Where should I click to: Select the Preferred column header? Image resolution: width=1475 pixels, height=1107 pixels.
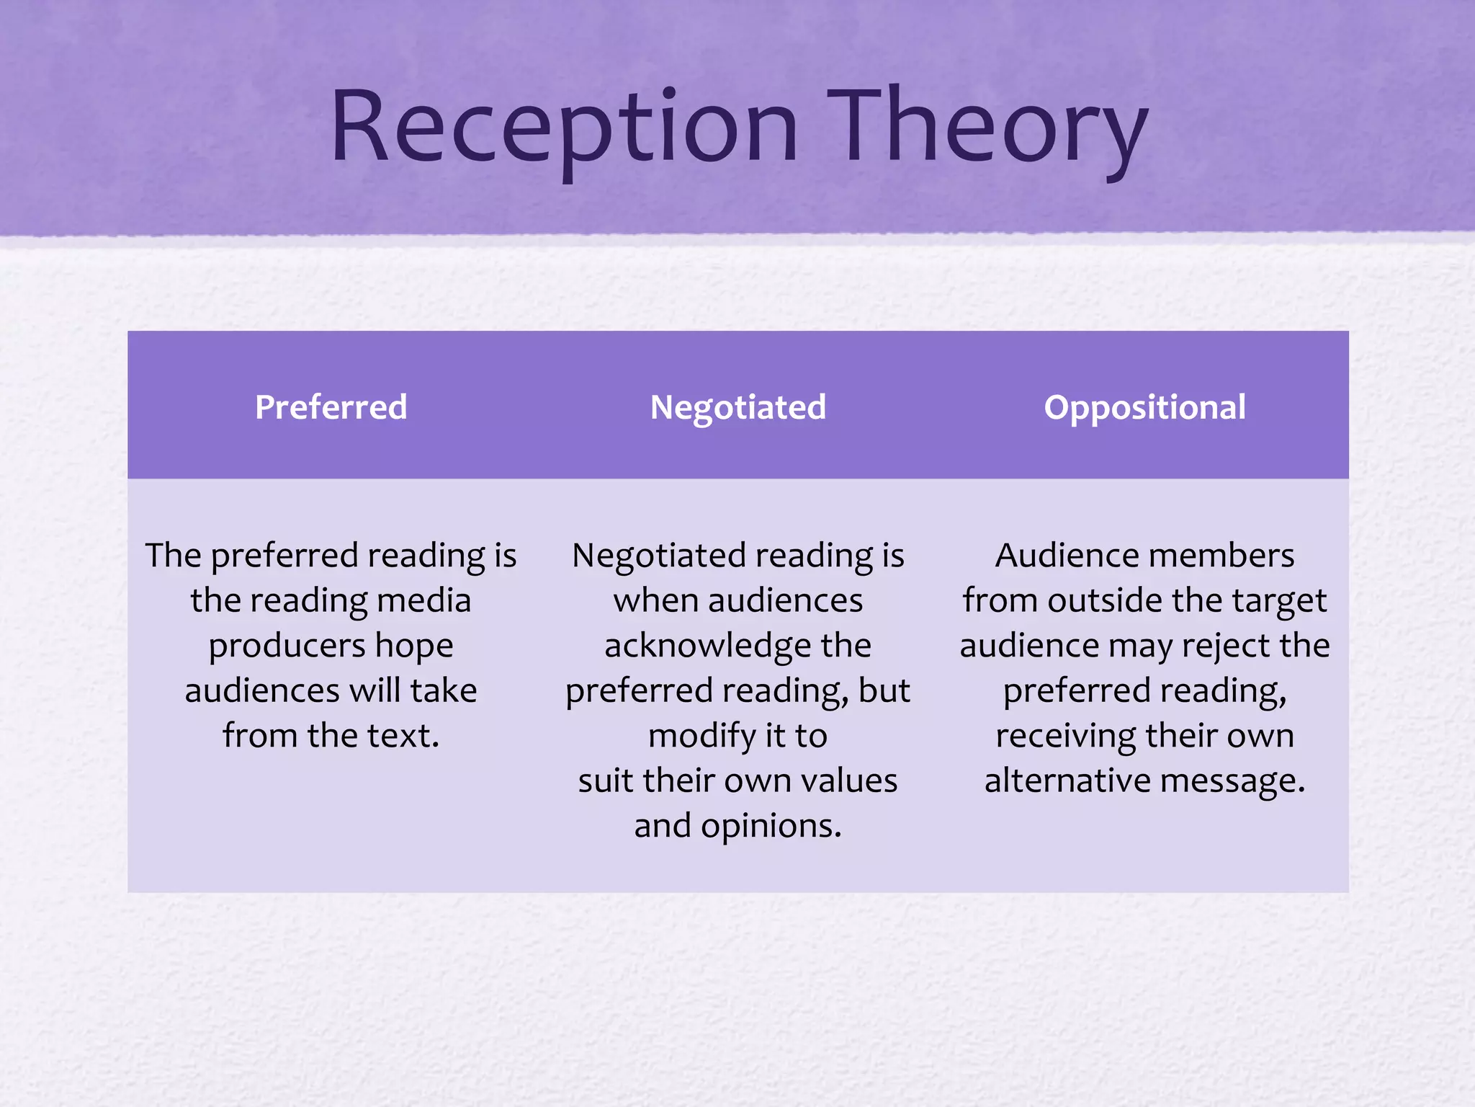click(x=331, y=407)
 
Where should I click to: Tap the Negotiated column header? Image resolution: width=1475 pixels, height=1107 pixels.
click(x=737, y=407)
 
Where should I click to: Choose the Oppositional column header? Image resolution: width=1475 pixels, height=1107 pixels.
click(x=1144, y=407)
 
